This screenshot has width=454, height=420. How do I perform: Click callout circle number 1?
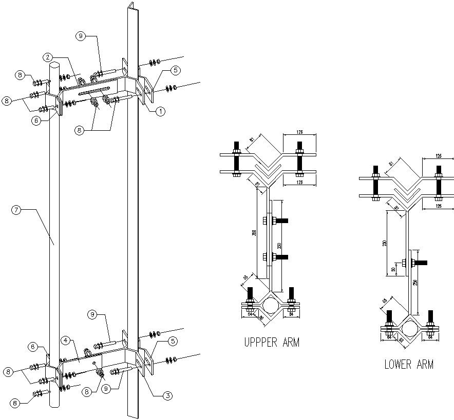[160, 111]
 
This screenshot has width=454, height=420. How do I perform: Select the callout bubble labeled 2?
[47, 57]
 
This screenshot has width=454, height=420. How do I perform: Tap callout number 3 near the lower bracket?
[167, 395]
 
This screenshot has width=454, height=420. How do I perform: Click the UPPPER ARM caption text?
[272, 343]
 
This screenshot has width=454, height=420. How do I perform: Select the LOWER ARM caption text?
[409, 365]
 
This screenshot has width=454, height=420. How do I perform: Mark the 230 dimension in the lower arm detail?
[385, 244]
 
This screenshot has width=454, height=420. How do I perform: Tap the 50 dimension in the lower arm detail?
[393, 269]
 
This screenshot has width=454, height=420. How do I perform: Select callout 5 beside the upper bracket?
[175, 70]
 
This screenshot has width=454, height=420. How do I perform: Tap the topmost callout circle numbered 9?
[80, 35]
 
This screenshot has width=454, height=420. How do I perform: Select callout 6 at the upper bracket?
[35, 121]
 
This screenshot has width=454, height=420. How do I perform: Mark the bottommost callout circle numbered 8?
[16, 403]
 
